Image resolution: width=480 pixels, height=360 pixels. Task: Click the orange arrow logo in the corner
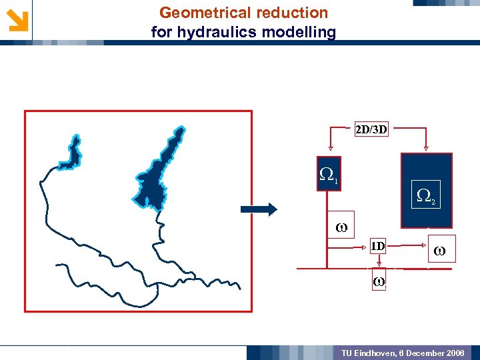click(x=17, y=20)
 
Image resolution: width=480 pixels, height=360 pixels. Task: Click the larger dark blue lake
click(x=160, y=173)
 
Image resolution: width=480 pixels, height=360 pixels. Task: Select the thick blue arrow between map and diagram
click(x=258, y=209)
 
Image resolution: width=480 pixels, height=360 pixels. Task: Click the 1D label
click(x=377, y=246)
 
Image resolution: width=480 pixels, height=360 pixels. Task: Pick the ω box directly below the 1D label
click(x=378, y=281)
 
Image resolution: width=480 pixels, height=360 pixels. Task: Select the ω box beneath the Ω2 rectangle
click(x=439, y=252)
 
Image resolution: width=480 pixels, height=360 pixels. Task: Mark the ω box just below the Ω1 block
click(x=341, y=227)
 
